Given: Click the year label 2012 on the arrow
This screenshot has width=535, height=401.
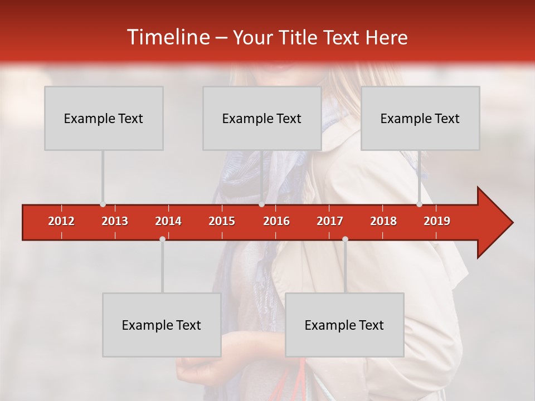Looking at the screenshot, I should click(x=61, y=221).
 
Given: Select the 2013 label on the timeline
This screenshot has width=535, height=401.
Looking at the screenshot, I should click(x=115, y=221).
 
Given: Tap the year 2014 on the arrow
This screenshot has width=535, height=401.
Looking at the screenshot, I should click(x=168, y=221).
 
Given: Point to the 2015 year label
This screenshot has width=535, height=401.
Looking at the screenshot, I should click(x=222, y=221).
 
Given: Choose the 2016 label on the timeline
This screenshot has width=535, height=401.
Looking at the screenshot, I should click(x=276, y=221).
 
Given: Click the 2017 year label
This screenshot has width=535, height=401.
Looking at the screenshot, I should click(x=330, y=221).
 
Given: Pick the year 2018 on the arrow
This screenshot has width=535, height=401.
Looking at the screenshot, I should click(x=383, y=221).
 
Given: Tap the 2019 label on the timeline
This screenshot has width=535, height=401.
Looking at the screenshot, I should click(x=437, y=221).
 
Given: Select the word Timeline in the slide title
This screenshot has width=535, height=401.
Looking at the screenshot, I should click(x=167, y=37).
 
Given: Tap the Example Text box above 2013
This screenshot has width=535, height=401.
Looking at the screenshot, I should click(x=104, y=118).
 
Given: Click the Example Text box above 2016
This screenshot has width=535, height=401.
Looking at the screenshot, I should click(x=262, y=118).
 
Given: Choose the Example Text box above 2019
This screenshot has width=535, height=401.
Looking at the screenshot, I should click(x=420, y=118).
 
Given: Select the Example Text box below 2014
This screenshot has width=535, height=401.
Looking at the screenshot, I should click(x=162, y=325).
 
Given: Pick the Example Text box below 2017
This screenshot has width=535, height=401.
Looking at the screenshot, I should click(x=344, y=325).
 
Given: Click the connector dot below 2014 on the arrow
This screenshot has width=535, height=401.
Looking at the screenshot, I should click(x=162, y=239).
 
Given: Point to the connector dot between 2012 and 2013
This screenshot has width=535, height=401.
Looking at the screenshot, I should click(x=103, y=204).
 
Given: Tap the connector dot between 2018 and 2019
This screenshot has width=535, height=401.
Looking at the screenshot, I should click(x=419, y=204).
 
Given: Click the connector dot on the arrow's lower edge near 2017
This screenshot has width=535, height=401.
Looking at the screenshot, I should click(x=345, y=239).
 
